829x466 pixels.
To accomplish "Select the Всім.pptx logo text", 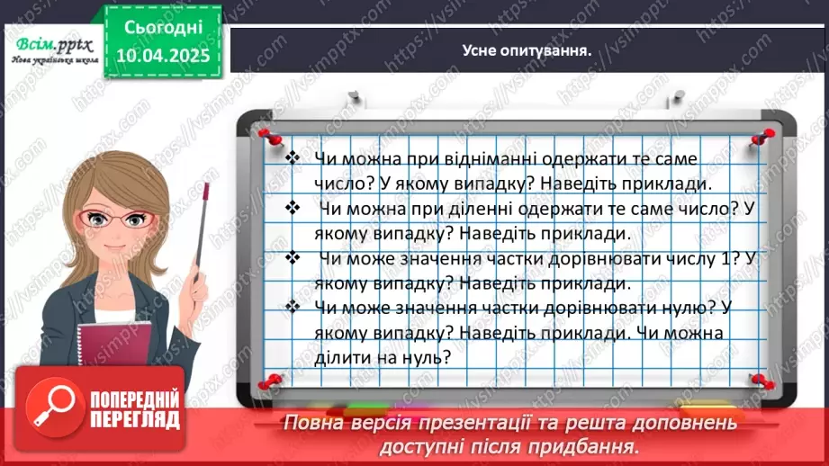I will pos(45,46).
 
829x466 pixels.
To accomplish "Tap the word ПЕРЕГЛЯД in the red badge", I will pos(132,419).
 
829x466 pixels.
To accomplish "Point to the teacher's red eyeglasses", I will pos(105,219).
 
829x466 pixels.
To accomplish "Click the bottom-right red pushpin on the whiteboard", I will pos(758,381).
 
